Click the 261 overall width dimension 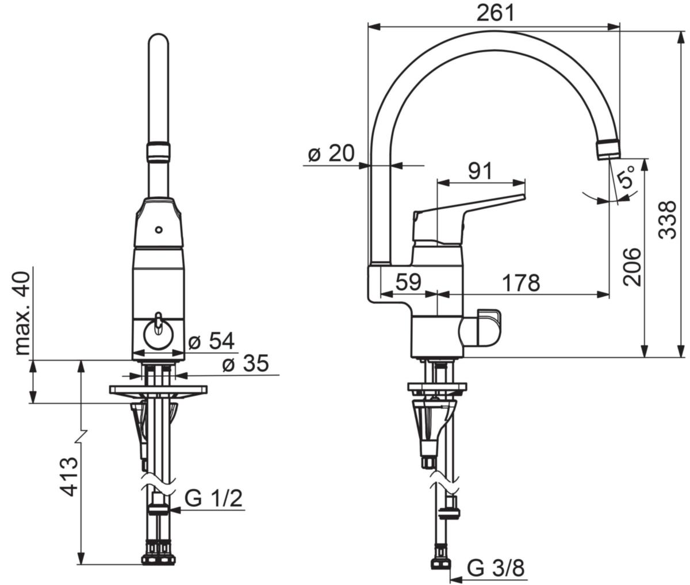[496, 13]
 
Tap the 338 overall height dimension [668, 220]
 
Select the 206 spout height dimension [632, 267]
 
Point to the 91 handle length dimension [480, 171]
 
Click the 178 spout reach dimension [521, 282]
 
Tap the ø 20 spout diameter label [331, 153]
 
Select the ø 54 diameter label [211, 341]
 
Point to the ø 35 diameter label [246, 363]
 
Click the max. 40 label [22, 313]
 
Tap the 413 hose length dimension [69, 477]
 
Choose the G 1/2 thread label [213, 499]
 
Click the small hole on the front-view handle [159, 230]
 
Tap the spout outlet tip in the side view [608, 150]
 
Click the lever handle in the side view [469, 217]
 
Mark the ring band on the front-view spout [158, 152]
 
